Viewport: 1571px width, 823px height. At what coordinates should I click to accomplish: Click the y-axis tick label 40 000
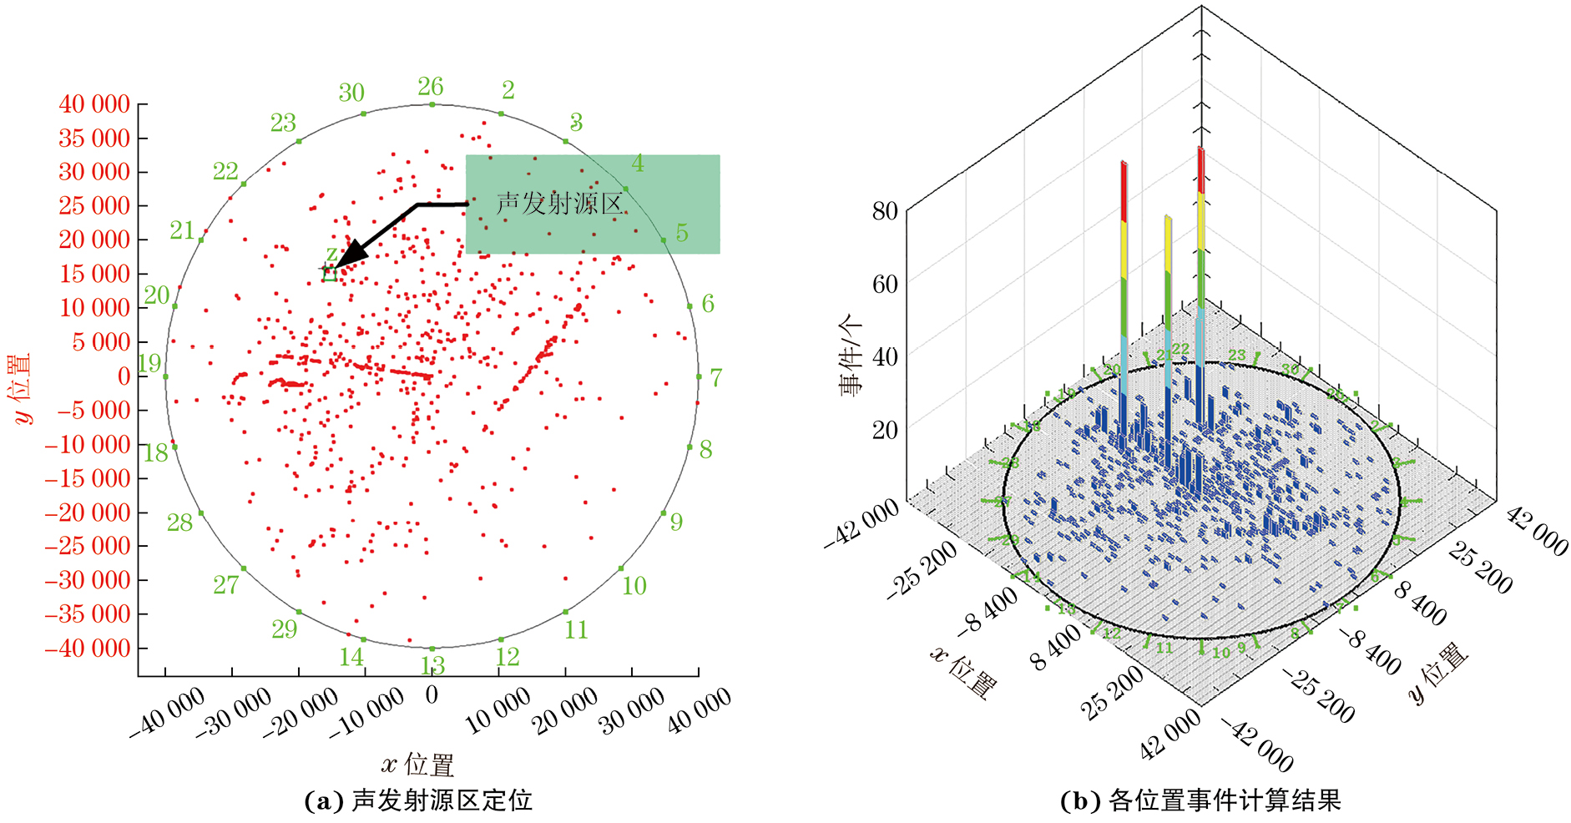(x=94, y=104)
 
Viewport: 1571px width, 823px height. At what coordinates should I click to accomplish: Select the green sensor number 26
(x=431, y=87)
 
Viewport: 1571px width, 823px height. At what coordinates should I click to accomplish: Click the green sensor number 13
(x=432, y=665)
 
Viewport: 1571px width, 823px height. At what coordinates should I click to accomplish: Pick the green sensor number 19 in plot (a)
(x=149, y=364)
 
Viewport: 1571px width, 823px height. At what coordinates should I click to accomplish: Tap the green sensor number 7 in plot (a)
(x=715, y=377)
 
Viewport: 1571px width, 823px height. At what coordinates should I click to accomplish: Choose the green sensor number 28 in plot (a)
(x=179, y=523)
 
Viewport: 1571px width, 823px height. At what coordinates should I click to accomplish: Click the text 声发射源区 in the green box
(x=558, y=204)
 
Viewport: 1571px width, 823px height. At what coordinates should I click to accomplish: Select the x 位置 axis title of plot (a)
(x=417, y=764)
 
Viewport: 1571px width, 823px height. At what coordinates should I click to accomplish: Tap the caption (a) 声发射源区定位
(x=418, y=800)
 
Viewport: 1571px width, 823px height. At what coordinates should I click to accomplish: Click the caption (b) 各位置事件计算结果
(x=1200, y=800)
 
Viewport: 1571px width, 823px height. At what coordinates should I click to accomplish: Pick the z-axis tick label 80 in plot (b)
(x=885, y=211)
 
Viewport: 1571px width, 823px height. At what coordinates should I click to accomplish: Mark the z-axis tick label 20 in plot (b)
(x=885, y=430)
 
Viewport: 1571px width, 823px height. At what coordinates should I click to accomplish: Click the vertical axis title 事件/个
(x=851, y=355)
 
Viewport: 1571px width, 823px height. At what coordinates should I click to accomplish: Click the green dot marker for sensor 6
(x=691, y=306)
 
